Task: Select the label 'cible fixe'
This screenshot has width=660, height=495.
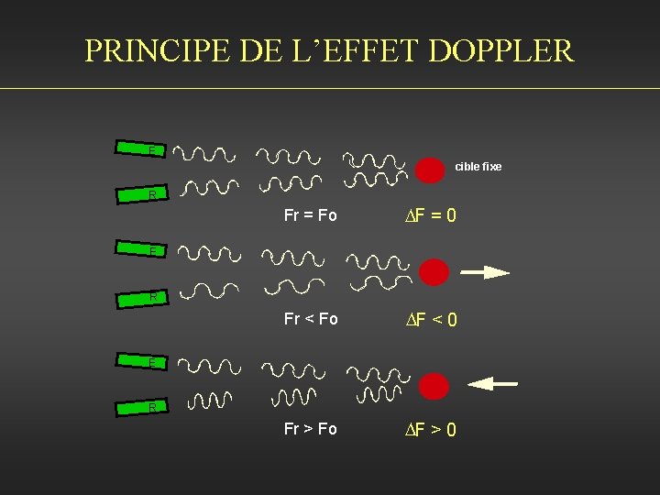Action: click(478, 167)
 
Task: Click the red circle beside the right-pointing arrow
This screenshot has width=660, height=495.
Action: click(434, 271)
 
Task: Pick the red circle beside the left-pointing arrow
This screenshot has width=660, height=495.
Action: click(434, 385)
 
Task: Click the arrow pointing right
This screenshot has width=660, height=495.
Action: click(484, 272)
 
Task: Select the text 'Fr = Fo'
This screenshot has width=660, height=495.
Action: click(311, 215)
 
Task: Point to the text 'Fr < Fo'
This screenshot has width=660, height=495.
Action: click(311, 319)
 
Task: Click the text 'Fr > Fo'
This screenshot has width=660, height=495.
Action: click(311, 429)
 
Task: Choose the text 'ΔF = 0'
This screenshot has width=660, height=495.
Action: click(432, 216)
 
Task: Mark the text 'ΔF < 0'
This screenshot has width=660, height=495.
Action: click(432, 320)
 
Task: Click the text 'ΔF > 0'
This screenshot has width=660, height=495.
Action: click(432, 430)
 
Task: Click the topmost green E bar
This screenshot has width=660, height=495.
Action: click(139, 148)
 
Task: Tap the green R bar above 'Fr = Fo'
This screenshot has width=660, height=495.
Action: click(139, 194)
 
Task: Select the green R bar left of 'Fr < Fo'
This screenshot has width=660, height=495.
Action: click(139, 296)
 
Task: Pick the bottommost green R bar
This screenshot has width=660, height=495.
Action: click(139, 406)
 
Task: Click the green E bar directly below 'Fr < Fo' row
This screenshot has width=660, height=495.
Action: click(139, 363)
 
